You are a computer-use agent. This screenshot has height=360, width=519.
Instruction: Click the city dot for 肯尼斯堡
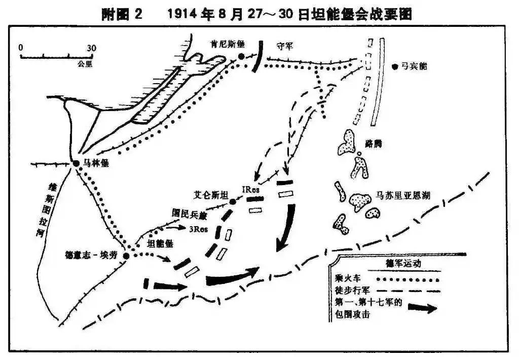pyautogui.click(x=241, y=56)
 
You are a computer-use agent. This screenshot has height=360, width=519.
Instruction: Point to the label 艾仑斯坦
pyautogui.click(x=210, y=195)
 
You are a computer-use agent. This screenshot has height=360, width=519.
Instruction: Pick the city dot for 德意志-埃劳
pyautogui.click(x=126, y=256)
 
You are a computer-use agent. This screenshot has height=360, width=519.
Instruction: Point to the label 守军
pyautogui.click(x=285, y=46)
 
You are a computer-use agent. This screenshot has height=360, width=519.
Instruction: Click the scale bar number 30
pyautogui.click(x=91, y=48)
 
